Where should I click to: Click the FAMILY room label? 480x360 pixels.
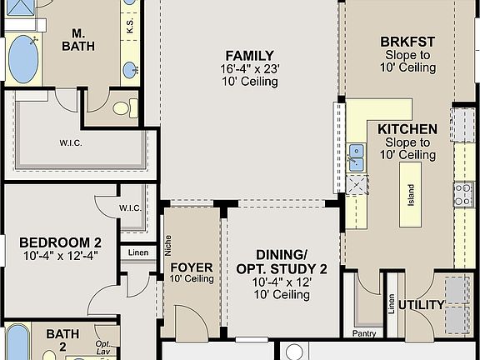pyautogui.click(x=249, y=55)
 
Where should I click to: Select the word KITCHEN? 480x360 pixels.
pyautogui.click(x=407, y=129)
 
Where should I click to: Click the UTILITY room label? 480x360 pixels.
pyautogui.click(x=421, y=305)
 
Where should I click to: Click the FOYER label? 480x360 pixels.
pyautogui.click(x=192, y=267)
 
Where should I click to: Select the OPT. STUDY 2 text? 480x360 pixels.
pyautogui.click(x=282, y=269)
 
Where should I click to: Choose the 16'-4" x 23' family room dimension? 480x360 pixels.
pyautogui.click(x=249, y=69)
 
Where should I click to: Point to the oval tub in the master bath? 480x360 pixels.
pyautogui.click(x=23, y=59)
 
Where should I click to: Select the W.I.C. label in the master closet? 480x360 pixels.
pyautogui.click(x=71, y=142)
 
